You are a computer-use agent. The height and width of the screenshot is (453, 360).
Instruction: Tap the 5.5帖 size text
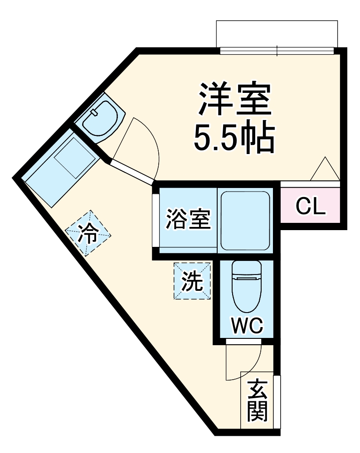[234, 138]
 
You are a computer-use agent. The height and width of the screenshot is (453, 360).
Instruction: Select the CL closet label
[311, 207]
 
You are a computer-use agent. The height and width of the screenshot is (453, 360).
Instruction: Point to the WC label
[247, 325]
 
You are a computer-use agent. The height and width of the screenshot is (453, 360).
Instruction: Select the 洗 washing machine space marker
[192, 281]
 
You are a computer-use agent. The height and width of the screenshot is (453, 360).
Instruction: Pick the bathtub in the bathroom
[245, 220]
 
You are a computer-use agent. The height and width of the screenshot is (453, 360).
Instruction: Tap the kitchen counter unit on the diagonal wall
[61, 168]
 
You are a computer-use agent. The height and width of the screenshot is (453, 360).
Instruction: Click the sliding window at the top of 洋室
[277, 51]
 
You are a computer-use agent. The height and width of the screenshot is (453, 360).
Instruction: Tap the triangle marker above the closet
[325, 169]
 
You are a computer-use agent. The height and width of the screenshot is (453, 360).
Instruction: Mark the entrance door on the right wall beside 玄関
[277, 401]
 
